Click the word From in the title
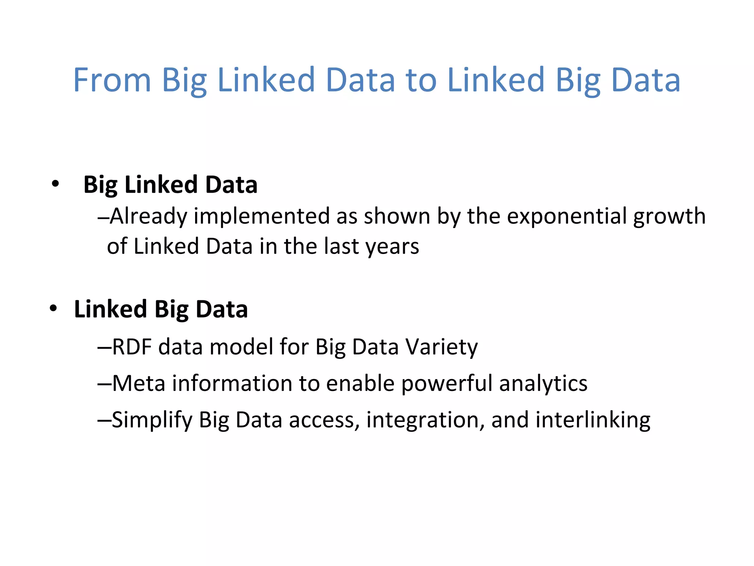[x=112, y=80]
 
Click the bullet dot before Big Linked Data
[x=55, y=184]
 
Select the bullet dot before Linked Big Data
[x=53, y=308]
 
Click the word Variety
[x=441, y=347]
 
